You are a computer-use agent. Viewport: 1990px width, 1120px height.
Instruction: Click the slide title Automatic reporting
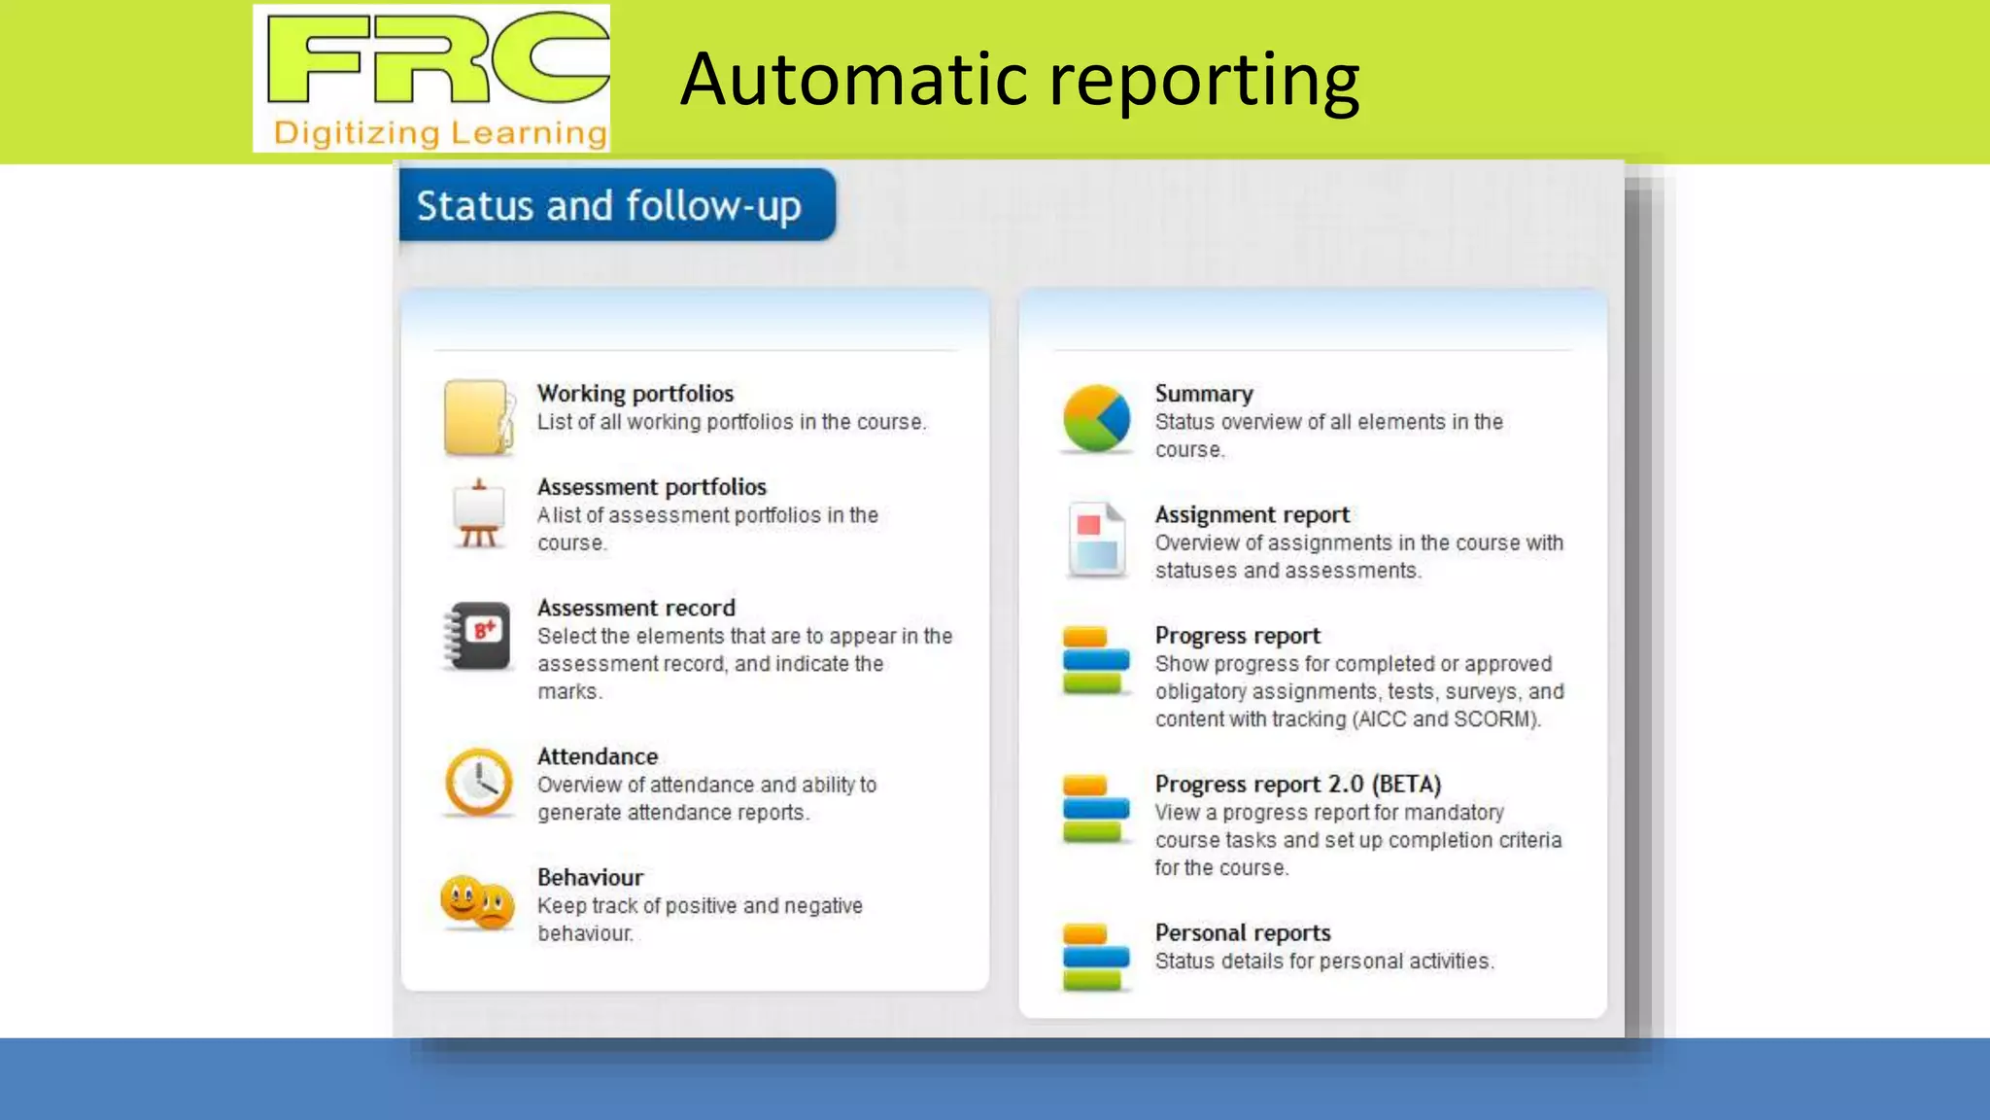click(1019, 80)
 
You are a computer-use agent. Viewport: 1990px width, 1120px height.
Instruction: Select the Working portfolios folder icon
click(477, 417)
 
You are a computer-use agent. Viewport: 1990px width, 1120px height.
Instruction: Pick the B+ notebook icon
click(478, 636)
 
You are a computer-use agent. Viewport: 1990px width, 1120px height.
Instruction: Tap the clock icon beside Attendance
click(478, 782)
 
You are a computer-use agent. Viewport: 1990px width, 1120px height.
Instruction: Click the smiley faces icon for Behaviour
click(476, 902)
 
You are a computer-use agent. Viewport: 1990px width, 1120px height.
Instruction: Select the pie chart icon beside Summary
click(1096, 418)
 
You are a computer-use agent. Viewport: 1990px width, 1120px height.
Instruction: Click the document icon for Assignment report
click(1096, 540)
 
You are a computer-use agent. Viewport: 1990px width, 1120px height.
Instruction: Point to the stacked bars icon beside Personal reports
click(1095, 957)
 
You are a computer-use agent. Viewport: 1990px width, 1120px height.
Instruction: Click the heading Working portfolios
click(635, 393)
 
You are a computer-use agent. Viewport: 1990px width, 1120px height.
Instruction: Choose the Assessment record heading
click(636, 608)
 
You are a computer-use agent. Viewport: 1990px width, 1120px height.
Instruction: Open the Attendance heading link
click(598, 756)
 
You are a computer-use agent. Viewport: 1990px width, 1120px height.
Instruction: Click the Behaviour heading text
click(591, 877)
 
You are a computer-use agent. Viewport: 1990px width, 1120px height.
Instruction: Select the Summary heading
click(1204, 393)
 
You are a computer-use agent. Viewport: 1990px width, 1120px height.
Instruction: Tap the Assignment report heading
click(1252, 514)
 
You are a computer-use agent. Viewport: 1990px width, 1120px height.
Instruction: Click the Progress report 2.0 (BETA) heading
click(1297, 784)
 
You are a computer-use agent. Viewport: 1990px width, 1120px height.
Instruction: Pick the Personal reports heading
click(1243, 932)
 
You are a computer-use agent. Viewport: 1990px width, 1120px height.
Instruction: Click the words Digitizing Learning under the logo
click(440, 133)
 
